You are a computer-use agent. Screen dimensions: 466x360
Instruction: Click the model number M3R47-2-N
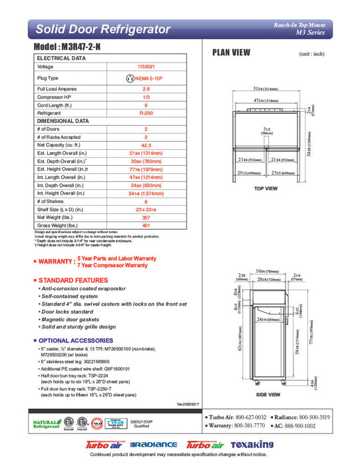(x=73, y=49)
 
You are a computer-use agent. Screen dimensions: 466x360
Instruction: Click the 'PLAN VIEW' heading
(x=231, y=54)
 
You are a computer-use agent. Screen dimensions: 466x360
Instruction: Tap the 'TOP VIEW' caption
(x=266, y=188)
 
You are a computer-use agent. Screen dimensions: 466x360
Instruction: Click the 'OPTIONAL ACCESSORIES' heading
(x=74, y=340)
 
